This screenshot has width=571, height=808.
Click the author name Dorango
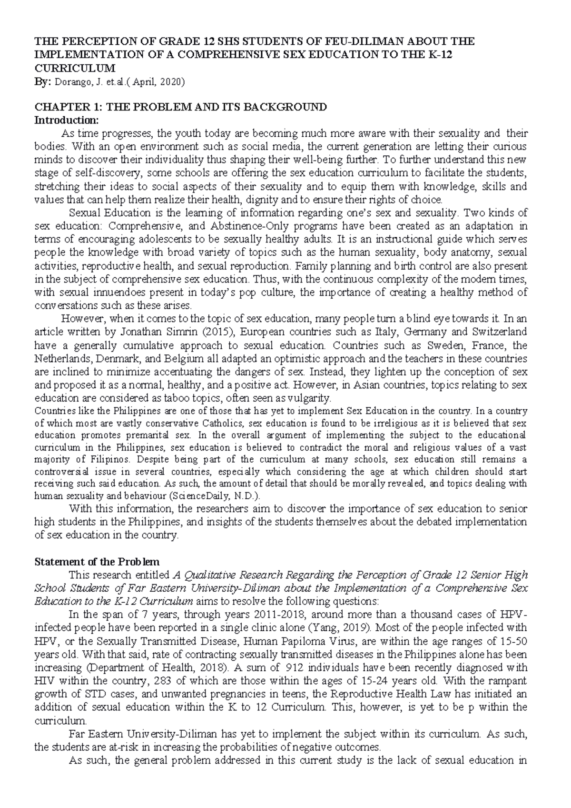(71, 82)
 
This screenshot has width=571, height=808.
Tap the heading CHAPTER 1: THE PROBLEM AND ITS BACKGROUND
(181, 107)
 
